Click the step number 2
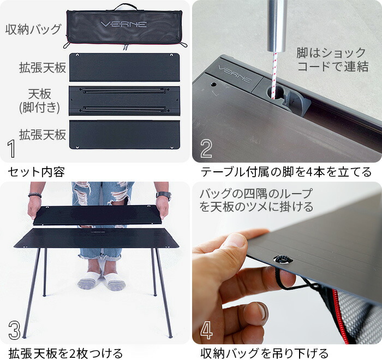[x=206, y=148]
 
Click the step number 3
[x=14, y=330]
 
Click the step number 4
[x=207, y=330]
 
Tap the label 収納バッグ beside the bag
[x=33, y=29]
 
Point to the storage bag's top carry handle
[x=125, y=7]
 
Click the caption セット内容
[x=37, y=172]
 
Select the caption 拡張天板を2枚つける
[x=65, y=352]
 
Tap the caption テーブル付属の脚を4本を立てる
[x=286, y=172]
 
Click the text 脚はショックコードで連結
[x=332, y=60]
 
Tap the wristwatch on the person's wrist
[x=163, y=196]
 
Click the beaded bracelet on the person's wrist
[x=35, y=195]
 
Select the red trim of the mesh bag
[x=340, y=316]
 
